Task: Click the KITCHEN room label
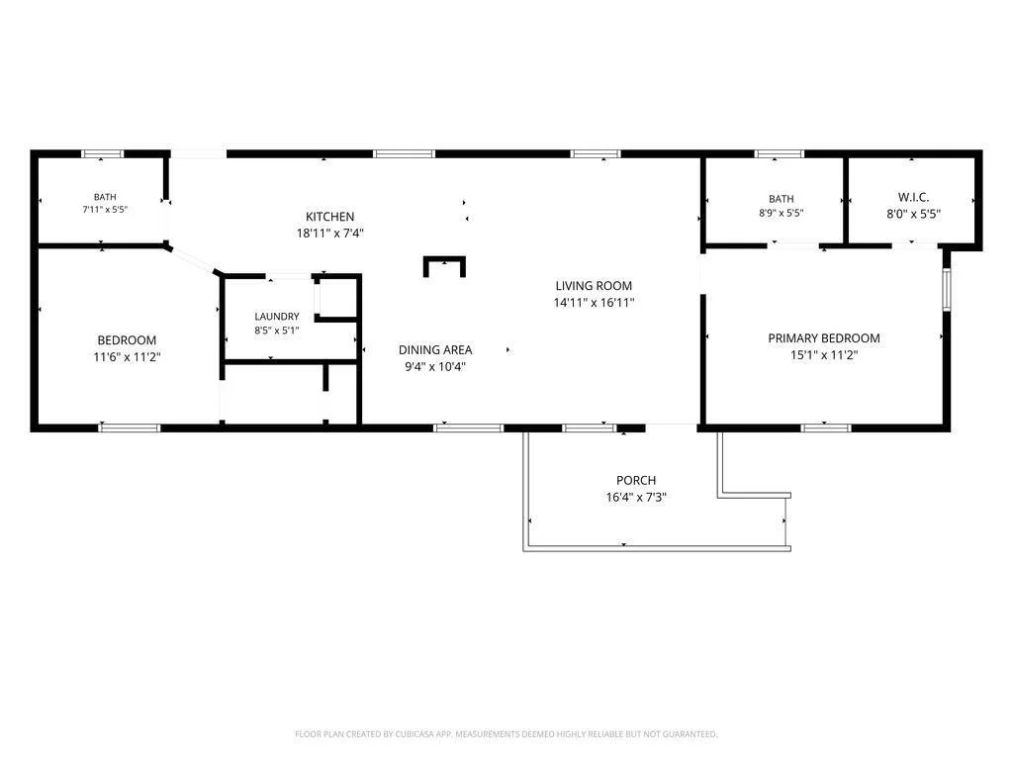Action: (329, 217)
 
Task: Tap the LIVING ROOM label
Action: (594, 286)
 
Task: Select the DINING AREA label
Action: (435, 349)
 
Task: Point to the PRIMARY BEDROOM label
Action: (824, 338)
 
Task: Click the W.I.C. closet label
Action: (913, 197)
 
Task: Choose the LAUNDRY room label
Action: (277, 316)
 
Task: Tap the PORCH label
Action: (636, 480)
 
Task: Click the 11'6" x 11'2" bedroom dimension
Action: (127, 356)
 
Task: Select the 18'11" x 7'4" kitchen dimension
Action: (330, 234)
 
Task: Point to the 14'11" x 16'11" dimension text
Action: (594, 303)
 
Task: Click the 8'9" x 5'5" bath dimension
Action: (782, 213)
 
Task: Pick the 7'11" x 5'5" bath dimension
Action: (105, 210)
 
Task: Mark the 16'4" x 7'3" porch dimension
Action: (636, 497)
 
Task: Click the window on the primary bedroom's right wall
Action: (947, 290)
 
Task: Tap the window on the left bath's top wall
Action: (102, 153)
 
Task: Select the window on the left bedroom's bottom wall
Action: (130, 427)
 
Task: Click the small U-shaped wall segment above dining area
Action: (444, 259)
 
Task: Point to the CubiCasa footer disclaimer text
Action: (506, 734)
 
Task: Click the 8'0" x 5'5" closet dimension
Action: (913, 214)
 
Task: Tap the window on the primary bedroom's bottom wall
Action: (826, 427)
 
